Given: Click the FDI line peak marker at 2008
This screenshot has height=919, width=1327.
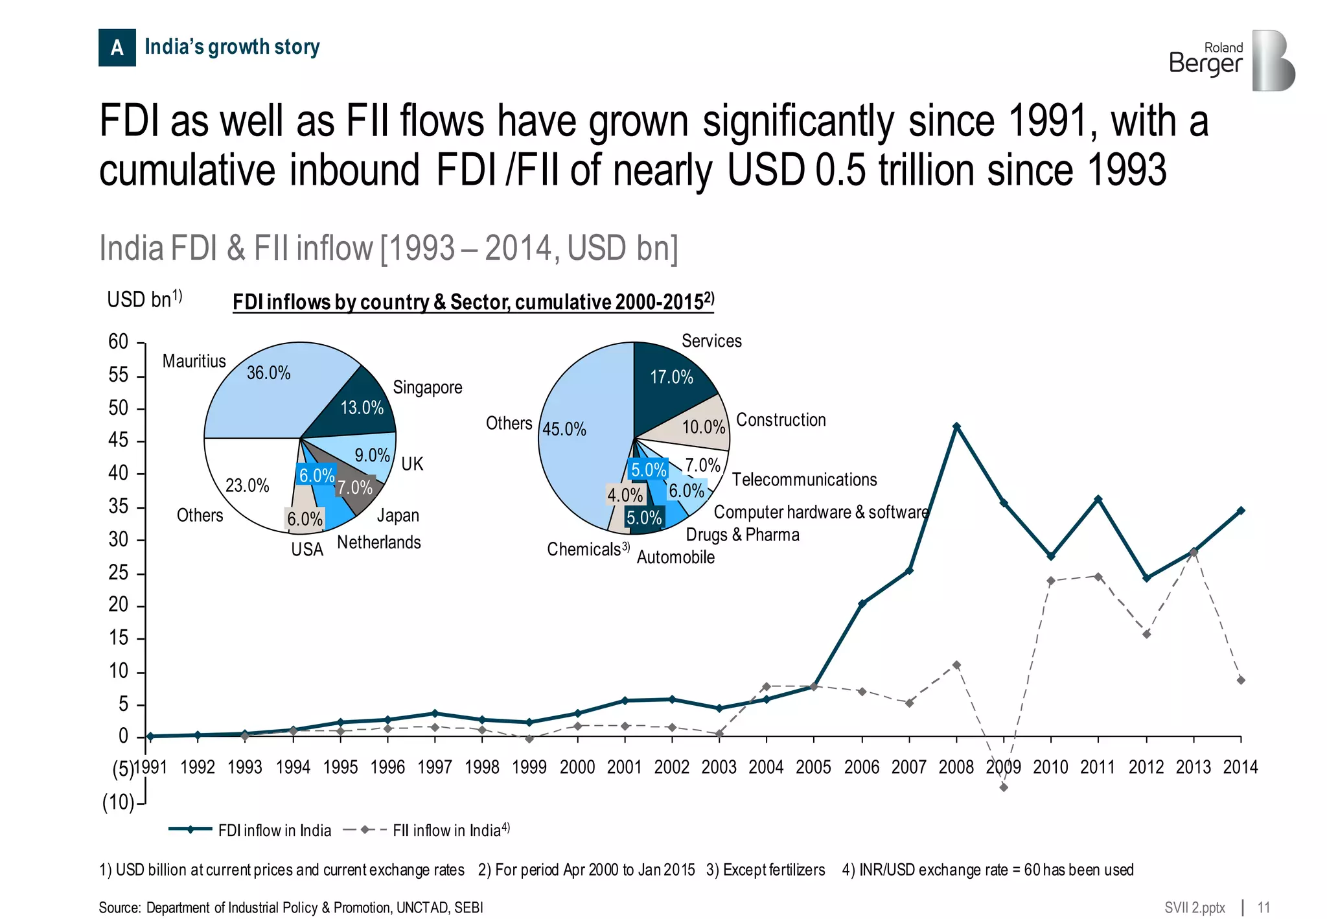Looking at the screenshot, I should (956, 426).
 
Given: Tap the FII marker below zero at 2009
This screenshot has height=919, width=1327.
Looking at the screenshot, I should (1004, 787).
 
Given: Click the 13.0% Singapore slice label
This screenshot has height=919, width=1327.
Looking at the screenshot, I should (362, 408).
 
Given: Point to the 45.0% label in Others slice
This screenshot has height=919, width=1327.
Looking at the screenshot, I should (564, 429).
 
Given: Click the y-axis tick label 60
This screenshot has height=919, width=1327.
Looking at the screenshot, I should (119, 342).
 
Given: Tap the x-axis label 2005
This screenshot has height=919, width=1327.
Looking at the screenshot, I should (813, 767).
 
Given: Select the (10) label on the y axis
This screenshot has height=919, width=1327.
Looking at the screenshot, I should (118, 802).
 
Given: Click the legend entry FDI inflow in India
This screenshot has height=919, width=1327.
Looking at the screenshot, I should (274, 830).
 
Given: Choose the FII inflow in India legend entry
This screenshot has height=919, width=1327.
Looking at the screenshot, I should (447, 830).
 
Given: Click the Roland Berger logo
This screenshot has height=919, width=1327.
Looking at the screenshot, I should (1231, 60).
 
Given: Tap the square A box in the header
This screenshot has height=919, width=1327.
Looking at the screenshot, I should (117, 47).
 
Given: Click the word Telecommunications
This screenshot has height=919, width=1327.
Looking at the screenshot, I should (804, 480).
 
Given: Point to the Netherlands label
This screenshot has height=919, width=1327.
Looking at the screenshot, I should (378, 542).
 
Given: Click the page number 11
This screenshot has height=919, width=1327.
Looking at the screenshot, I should (1264, 907).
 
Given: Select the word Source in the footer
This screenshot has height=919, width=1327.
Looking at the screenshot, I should (119, 907).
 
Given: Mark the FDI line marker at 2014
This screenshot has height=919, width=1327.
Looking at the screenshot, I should (1241, 511).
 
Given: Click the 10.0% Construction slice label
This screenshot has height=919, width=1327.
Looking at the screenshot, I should (703, 427).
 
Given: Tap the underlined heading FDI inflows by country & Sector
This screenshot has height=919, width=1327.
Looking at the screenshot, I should (473, 302).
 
